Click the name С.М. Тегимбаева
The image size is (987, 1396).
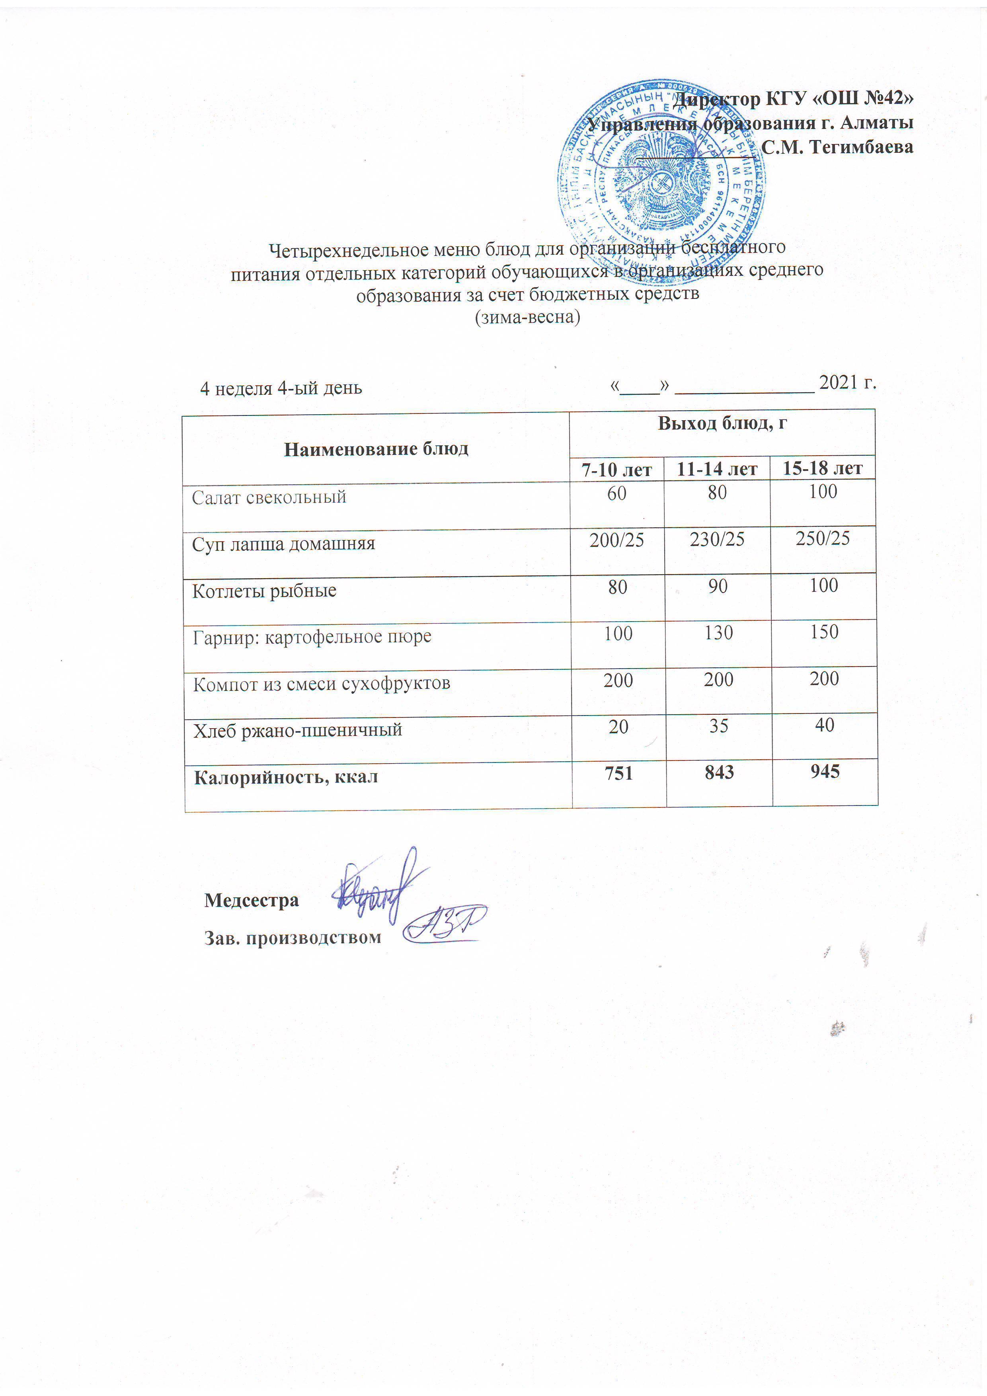pos(837,147)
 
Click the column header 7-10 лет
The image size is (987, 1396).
pos(616,470)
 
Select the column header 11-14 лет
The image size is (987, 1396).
pos(717,469)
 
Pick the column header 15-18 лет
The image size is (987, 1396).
pos(822,468)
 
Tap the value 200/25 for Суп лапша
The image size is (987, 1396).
pos(616,539)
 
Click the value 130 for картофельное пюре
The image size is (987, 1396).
pos(718,633)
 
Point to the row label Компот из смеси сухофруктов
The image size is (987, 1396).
pos(321,684)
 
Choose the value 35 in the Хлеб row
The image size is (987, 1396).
pos(718,726)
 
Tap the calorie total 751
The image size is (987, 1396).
pos(618,773)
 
